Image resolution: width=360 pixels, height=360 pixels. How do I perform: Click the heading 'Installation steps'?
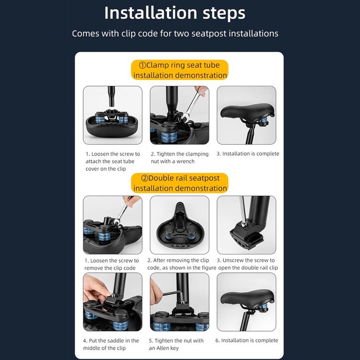pyautogui.click(x=175, y=13)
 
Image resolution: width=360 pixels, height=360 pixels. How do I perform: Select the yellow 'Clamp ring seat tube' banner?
pyautogui.click(x=180, y=70)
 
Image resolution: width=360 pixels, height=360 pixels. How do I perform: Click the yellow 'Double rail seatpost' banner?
pyautogui.click(x=180, y=183)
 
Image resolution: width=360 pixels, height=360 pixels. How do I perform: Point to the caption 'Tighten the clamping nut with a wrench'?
pyautogui.click(x=180, y=158)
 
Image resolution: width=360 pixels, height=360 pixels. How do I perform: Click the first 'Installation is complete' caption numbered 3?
pyautogui.click(x=248, y=154)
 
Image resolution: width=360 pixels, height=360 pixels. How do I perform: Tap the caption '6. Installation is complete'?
pyautogui.click(x=247, y=340)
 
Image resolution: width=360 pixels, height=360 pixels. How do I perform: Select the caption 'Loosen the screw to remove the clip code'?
pyautogui.click(x=112, y=264)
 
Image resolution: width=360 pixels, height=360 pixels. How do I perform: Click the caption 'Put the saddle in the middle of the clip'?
pyautogui.click(x=111, y=344)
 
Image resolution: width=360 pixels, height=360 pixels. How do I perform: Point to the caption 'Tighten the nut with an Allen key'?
pyautogui.click(x=176, y=344)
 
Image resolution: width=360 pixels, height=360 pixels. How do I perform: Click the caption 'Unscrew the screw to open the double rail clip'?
pyautogui.click(x=247, y=264)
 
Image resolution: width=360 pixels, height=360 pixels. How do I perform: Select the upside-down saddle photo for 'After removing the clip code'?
pyautogui.click(x=180, y=225)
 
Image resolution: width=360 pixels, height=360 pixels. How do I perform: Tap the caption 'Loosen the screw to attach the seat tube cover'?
pyautogui.click(x=113, y=161)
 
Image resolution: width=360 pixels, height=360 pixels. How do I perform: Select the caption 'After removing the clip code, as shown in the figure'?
pyautogui.click(x=181, y=264)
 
